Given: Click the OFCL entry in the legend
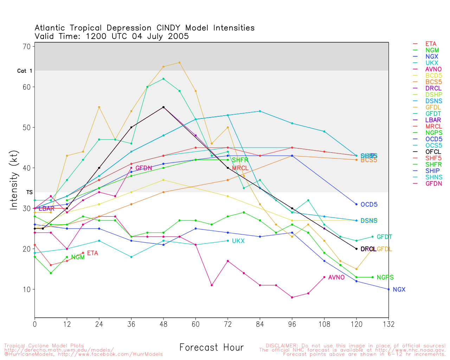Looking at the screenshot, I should coord(433,152).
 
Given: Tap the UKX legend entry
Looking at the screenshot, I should coord(432,63).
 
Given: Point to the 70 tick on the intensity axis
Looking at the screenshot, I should coord(27,46).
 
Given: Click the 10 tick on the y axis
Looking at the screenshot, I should coord(27,290).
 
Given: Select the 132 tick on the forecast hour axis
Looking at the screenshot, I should coord(388,324).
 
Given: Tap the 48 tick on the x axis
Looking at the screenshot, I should coord(163,324).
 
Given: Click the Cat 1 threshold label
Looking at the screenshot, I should coord(25,71).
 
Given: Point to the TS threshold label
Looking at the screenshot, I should coord(29,193).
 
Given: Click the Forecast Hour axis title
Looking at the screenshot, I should coord(211,348).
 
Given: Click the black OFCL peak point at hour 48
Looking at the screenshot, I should coord(163,107).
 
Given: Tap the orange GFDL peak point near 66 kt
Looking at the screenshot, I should coord(179,63).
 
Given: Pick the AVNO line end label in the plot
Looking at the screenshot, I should coord(336,277).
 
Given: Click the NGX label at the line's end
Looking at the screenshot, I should coord(399,290).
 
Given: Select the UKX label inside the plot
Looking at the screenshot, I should coord(238,241).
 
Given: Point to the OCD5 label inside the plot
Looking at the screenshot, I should coord(369,205).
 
